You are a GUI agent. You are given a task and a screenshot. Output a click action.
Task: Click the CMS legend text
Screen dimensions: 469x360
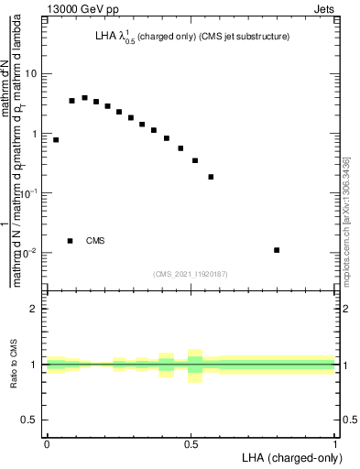click(95, 241)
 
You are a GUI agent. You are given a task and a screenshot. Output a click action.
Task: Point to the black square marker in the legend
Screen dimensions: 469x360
click(70, 241)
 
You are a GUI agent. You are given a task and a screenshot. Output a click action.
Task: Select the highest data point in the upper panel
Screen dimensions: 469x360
click(84, 97)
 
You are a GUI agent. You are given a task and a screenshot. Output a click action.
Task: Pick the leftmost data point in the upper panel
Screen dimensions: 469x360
click(56, 140)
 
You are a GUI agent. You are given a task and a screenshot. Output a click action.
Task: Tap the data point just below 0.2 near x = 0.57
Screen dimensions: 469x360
click(211, 177)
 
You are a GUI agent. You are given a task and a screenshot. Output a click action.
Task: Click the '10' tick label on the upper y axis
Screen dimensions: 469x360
click(35, 73)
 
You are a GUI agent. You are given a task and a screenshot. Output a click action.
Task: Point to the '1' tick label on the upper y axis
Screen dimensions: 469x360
click(37, 134)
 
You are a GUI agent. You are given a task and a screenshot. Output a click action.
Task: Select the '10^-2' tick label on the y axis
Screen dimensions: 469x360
click(32, 253)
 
